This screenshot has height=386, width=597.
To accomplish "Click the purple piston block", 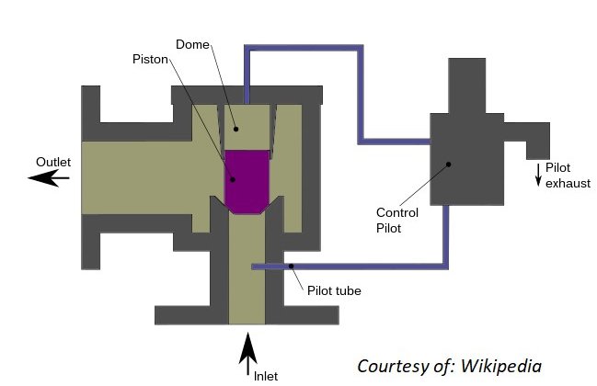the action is click(x=247, y=182).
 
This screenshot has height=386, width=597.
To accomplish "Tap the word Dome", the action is click(x=192, y=44).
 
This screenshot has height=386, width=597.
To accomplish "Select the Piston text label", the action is click(x=150, y=60).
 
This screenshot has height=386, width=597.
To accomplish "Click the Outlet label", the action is click(x=53, y=162).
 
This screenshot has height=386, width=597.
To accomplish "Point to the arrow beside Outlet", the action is click(x=49, y=177).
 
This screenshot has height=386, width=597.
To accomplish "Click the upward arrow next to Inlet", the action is click(x=247, y=354).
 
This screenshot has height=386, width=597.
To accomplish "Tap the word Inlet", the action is click(x=266, y=376).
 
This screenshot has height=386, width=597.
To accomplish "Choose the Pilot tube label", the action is click(x=334, y=291).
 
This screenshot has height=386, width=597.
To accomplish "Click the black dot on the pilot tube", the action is click(x=291, y=267).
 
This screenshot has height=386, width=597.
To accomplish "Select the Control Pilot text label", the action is click(x=397, y=221).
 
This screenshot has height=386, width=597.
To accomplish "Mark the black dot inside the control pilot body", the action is click(x=449, y=165).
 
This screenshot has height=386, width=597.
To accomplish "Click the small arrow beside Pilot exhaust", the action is click(x=538, y=175).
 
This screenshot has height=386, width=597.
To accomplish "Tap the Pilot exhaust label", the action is click(x=568, y=176).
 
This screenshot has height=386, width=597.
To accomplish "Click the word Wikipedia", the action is click(x=501, y=366).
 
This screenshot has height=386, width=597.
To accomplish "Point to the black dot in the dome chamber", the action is click(x=236, y=130).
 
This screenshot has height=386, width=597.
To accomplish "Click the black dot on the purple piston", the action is click(x=233, y=179).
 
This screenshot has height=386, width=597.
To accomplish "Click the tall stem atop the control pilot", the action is click(x=466, y=86).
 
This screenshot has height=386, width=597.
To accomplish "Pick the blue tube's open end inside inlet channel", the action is click(x=254, y=267).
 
